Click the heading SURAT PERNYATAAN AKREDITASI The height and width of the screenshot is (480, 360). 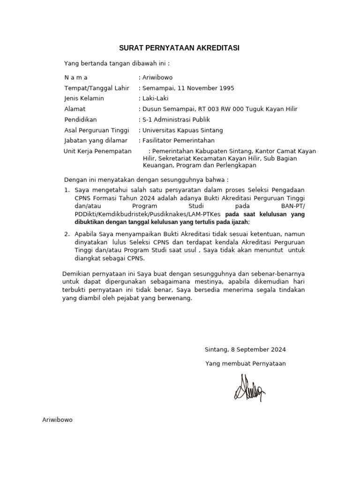coord(180,48)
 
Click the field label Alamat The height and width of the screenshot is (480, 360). coord(75,109)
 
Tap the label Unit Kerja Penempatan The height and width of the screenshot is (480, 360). coord(97,151)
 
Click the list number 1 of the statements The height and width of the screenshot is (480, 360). coord(67,190)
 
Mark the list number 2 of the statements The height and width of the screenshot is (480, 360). coord(67,233)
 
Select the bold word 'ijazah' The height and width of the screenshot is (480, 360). coord(238,222)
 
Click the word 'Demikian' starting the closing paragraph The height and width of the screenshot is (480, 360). coord(76,274)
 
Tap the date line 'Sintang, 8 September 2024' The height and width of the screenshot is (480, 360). coord(245,350)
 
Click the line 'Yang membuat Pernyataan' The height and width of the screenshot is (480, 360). coord(245,364)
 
